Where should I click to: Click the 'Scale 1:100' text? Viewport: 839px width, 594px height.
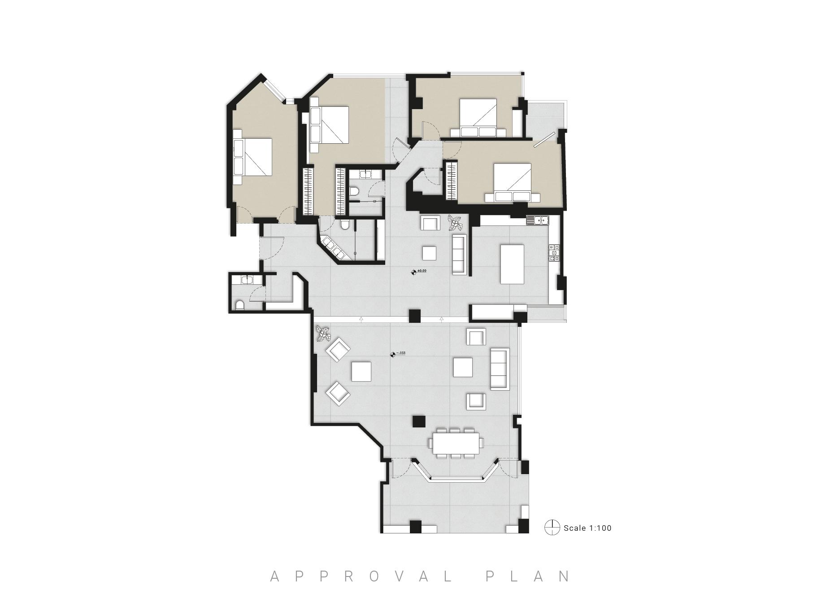[x=587, y=528]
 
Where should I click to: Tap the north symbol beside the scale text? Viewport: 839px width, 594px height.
[x=552, y=528]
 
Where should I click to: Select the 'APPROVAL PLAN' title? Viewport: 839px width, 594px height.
[x=420, y=576]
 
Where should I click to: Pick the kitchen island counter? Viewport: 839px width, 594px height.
[x=512, y=264]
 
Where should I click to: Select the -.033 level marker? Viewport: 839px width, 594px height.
[x=398, y=354]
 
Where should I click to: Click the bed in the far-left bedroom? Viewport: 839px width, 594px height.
[x=252, y=157]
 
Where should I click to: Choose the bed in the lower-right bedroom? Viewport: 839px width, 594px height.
[x=513, y=182]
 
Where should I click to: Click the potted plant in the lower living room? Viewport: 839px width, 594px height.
[x=322, y=334]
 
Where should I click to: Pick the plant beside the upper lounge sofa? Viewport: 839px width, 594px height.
[x=456, y=223]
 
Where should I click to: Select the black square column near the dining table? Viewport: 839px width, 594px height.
[x=419, y=422]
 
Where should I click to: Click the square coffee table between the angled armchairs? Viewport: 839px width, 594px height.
[x=361, y=371]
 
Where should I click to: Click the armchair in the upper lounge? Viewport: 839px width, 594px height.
[x=431, y=223]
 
